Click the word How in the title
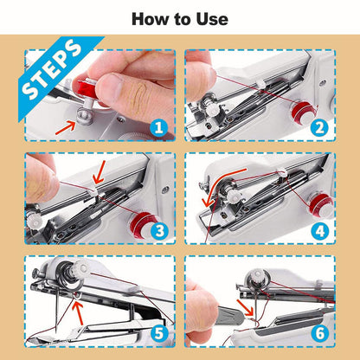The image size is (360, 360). click(x=149, y=18)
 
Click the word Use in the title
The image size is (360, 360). click(x=211, y=18)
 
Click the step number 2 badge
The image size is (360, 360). click(x=318, y=128)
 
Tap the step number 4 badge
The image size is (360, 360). click(x=318, y=231)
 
